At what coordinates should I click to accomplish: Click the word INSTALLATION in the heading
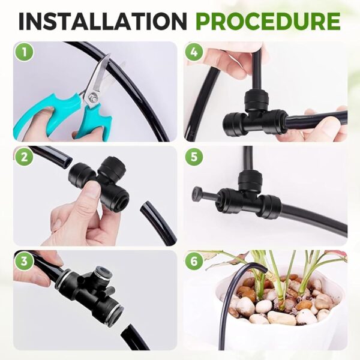click(103, 21)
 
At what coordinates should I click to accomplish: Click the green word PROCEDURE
click(268, 21)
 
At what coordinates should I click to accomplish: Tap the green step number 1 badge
click(25, 52)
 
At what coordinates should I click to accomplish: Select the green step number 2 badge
click(25, 157)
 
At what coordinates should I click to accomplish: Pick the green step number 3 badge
click(25, 262)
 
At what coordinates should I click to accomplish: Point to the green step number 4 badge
click(194, 52)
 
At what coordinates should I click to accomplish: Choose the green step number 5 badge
click(194, 157)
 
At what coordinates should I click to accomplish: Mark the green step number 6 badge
click(194, 261)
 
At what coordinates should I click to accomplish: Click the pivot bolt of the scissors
click(93, 95)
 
